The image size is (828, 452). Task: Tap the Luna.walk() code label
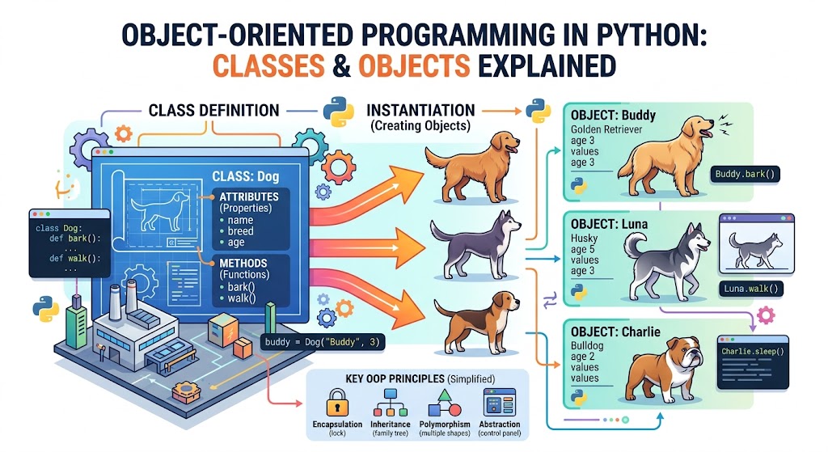coord(750,289)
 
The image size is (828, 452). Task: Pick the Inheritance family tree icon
coord(391,402)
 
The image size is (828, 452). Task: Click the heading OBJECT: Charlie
coord(614,332)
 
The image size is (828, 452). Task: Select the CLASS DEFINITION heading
coord(214,110)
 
